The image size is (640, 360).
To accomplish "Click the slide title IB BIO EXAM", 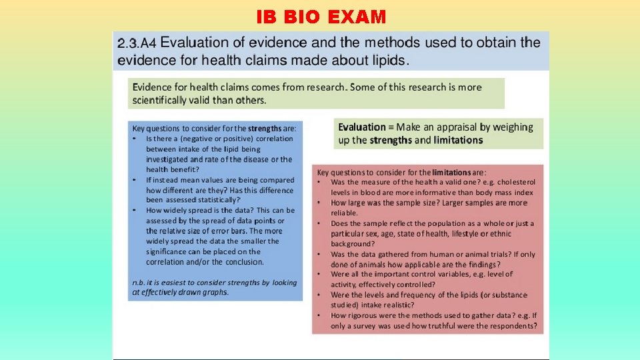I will pyautogui.click(x=320, y=17).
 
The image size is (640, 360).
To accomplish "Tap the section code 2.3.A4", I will pyautogui.click(x=137, y=43).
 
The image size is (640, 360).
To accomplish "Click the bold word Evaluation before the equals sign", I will pyautogui.click(x=362, y=127).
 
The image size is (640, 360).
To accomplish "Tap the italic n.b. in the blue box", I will pyautogui.click(x=140, y=282).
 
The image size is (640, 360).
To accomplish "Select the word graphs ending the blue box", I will pyautogui.click(x=215, y=292).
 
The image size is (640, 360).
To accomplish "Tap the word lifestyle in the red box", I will pyautogui.click(x=478, y=233).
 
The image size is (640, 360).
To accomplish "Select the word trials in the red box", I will pyautogui.click(x=484, y=254).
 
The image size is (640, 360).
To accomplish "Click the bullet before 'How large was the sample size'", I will pyautogui.click(x=320, y=203).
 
